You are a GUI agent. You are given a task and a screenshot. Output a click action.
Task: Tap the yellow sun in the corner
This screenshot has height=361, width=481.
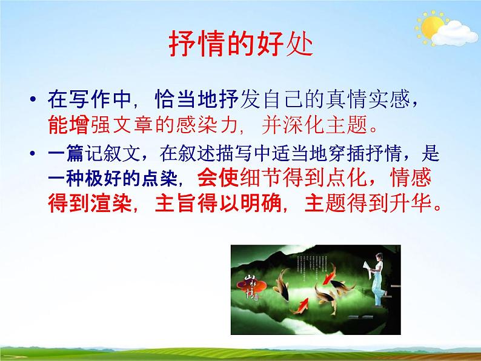(432, 27)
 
